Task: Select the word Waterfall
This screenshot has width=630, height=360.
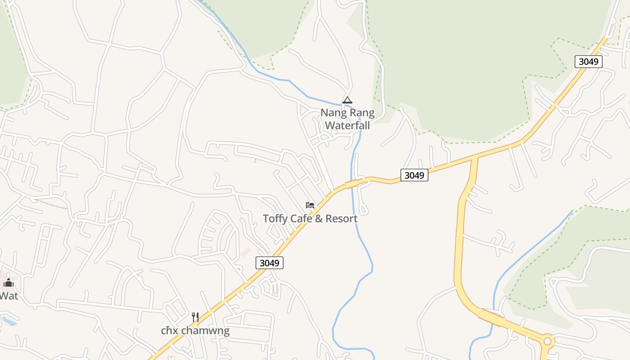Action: point(347,125)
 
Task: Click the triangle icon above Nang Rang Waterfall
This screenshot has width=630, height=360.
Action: point(347,100)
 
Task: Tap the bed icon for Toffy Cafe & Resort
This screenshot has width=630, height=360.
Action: point(310,205)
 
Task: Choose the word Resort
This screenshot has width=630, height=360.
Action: point(342,219)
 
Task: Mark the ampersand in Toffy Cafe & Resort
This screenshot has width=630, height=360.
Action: point(319,219)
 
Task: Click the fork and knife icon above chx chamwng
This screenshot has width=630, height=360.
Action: point(195,317)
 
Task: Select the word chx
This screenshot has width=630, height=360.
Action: point(169,331)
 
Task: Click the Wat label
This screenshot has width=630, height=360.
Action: point(9,296)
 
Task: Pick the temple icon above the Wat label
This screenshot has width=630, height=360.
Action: point(8,283)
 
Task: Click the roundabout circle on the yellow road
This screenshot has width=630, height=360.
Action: point(547,341)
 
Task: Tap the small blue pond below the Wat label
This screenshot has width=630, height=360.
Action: point(9,321)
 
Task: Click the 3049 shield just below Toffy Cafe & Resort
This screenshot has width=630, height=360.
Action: point(270,263)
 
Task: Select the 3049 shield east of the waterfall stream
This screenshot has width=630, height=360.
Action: point(414,175)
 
